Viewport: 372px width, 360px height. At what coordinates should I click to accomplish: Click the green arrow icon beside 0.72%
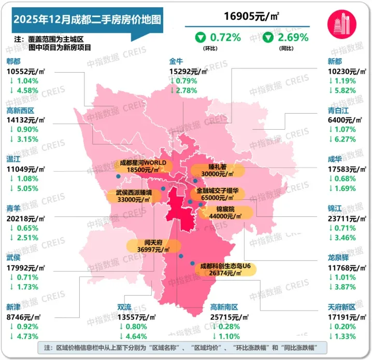199,37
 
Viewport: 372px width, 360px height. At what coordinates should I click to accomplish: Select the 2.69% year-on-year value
293,37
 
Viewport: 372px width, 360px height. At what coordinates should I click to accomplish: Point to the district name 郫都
13,61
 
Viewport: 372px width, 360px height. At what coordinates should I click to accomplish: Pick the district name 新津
13,307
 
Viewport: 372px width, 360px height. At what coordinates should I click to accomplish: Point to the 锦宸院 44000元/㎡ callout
224,213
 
